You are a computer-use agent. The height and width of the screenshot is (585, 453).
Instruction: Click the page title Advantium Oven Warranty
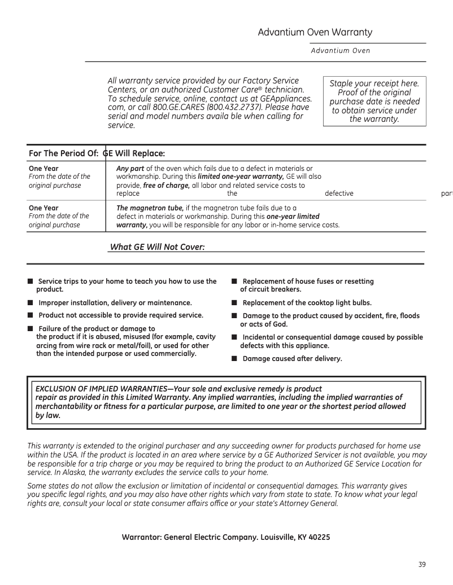[x=315, y=32]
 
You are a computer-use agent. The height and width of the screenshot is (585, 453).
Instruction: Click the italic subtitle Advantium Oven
[x=341, y=51]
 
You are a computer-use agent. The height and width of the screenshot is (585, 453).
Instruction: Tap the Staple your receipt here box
[x=374, y=101]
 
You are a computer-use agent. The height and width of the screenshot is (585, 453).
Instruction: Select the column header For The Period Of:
[x=64, y=153]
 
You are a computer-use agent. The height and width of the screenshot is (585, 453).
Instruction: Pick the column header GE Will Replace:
[x=134, y=153]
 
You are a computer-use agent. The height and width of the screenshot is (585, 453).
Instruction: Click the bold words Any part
[x=130, y=169]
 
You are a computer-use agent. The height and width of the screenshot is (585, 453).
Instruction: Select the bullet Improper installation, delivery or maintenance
[x=115, y=303]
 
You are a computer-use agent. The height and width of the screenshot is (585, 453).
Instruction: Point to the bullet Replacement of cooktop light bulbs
[x=307, y=303]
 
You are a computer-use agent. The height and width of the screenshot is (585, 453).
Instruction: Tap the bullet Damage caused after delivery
[x=292, y=359]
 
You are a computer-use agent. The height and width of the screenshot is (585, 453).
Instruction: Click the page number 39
[x=422, y=565]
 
